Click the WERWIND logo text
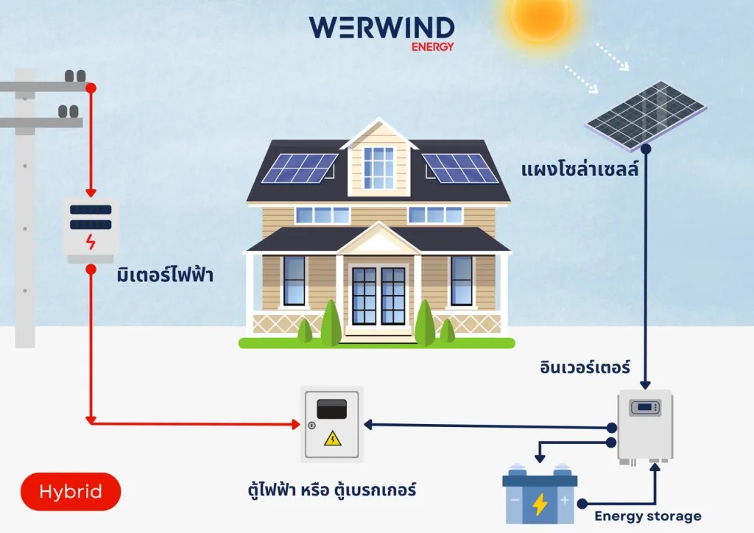tap(381, 27)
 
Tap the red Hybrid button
tap(71, 491)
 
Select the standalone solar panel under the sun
tap(646, 114)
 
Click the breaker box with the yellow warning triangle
tap(333, 423)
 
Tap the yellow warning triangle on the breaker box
tap(333, 439)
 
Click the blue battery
tap(540, 498)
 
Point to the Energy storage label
tap(648, 515)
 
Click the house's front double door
tap(378, 296)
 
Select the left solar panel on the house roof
tap(299, 168)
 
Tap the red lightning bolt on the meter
tap(91, 241)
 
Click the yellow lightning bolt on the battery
tap(540, 504)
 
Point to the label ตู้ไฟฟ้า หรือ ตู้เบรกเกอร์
tap(333, 489)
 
